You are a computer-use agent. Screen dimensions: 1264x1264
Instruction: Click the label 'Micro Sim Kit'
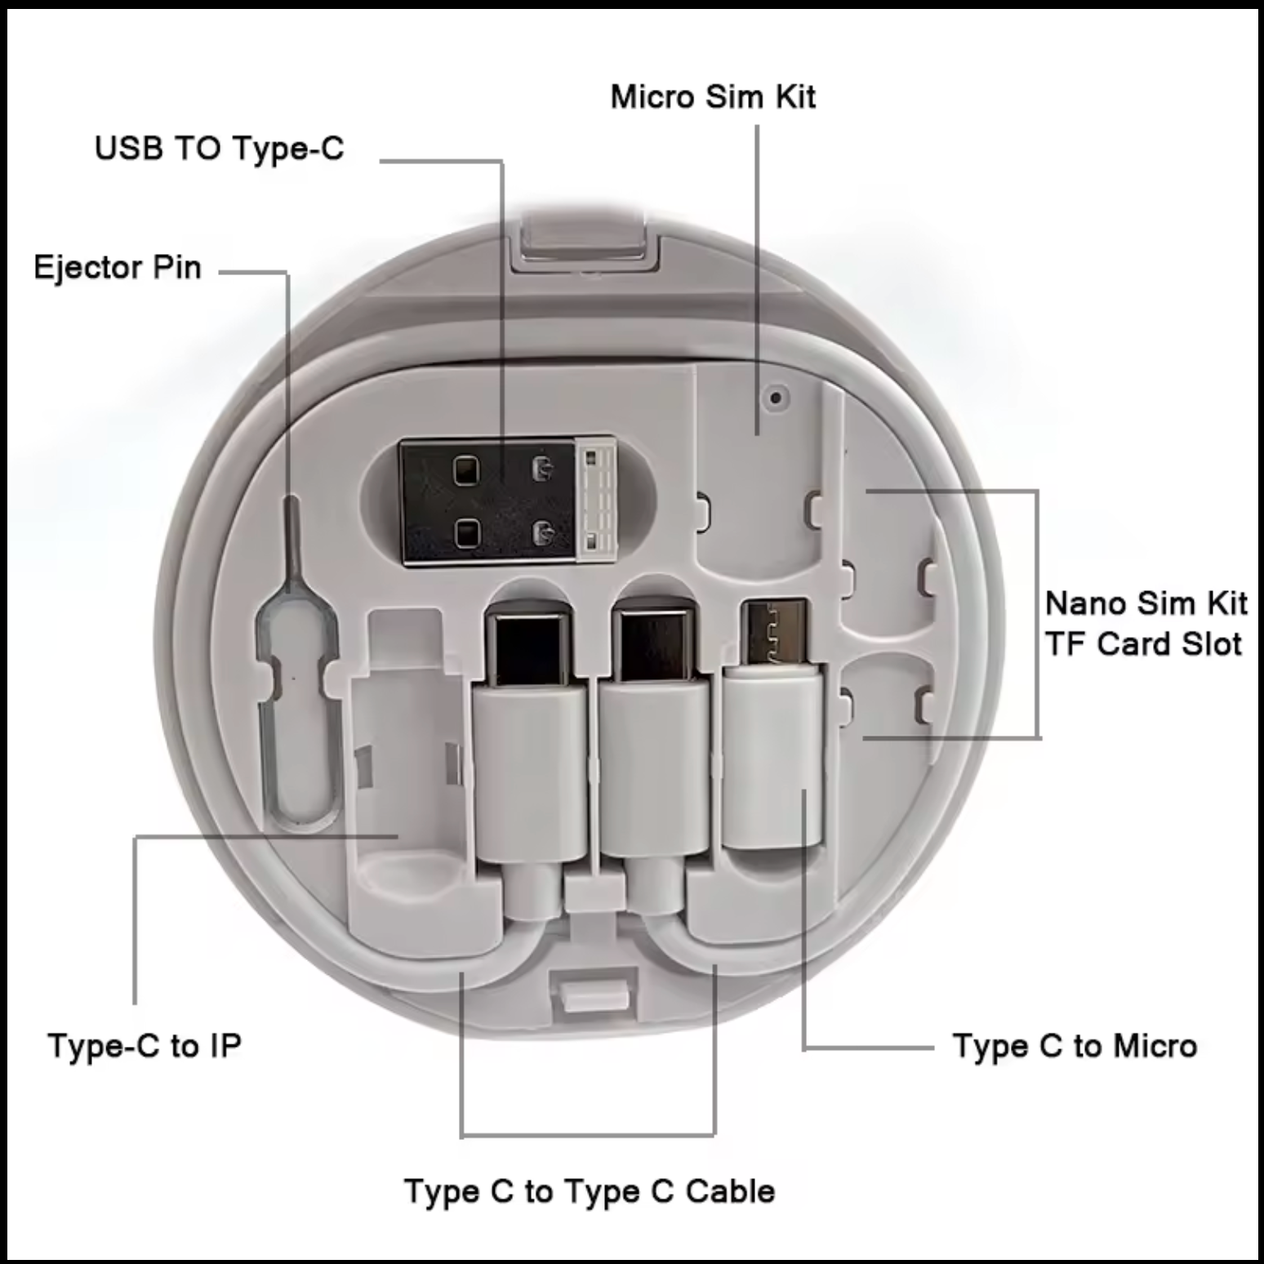click(x=713, y=97)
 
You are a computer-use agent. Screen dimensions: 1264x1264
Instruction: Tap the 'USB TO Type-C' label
click(x=220, y=149)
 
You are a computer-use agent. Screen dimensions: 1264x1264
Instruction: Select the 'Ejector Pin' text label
click(x=118, y=268)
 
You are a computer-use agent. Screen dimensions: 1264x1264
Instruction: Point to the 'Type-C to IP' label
click(x=145, y=1046)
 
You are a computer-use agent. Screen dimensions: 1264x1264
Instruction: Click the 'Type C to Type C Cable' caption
click(x=589, y=1191)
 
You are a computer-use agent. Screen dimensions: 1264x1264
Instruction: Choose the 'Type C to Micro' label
click(x=1075, y=1046)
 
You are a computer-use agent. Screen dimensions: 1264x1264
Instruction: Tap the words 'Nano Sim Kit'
click(x=1146, y=603)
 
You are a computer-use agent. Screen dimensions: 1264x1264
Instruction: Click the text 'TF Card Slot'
click(x=1143, y=644)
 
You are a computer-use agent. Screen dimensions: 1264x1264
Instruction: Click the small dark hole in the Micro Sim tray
click(x=776, y=398)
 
